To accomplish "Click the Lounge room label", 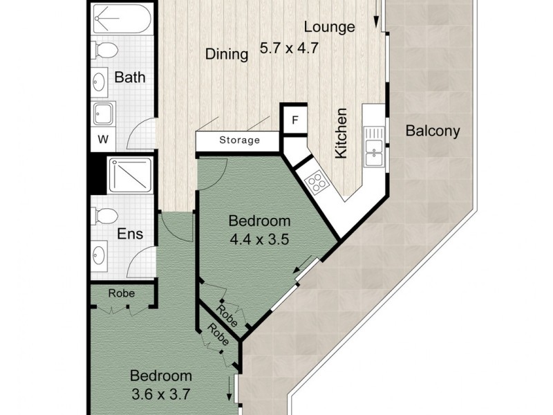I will [x=330, y=27].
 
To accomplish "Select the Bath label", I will [x=130, y=77].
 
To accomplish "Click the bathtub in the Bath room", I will [x=120, y=19].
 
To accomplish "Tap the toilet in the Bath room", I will [x=106, y=50].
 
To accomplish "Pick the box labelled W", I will [x=103, y=139].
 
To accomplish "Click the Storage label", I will [x=239, y=140].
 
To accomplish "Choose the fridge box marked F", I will [x=294, y=120].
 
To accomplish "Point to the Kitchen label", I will [x=341, y=133].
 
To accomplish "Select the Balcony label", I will [x=433, y=130].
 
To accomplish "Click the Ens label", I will [x=130, y=234].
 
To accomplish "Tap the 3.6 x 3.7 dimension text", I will [x=161, y=396].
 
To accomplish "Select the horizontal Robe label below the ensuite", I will [x=121, y=293].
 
